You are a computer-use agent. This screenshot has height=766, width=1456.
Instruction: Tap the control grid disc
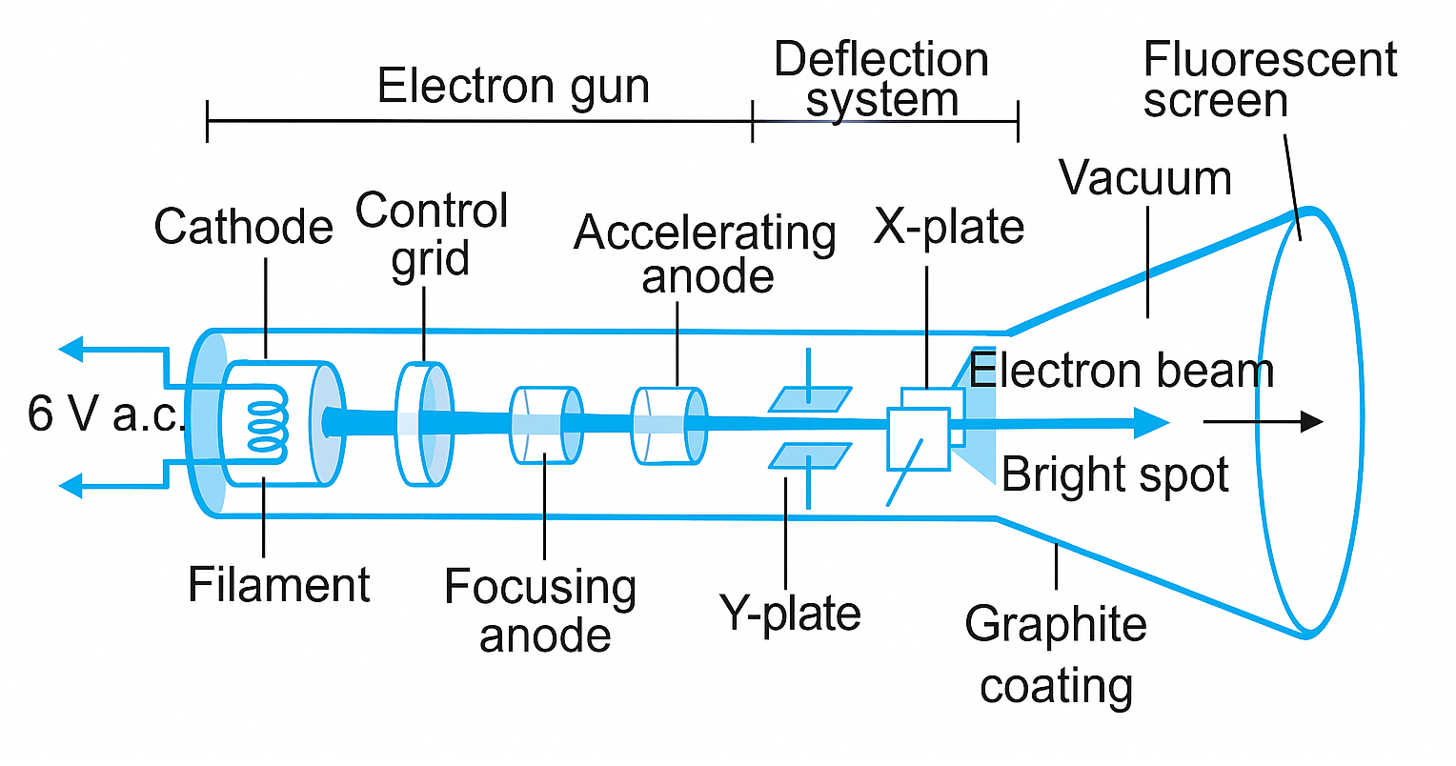coord(423,423)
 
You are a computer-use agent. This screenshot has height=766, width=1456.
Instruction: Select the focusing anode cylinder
coord(545,425)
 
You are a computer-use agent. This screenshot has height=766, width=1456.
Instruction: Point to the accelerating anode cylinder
coord(669,426)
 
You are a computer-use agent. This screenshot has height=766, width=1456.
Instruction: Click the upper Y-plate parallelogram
coord(810,399)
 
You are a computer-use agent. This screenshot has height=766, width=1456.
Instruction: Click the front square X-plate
coord(918,439)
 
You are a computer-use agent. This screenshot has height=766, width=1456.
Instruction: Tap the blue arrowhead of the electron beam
coord(1152,421)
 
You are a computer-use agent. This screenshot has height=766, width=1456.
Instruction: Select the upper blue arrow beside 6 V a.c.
coord(76,349)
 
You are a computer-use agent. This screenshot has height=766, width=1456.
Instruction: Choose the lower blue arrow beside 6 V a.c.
coord(76,487)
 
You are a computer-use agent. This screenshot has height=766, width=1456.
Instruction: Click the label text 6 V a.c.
coord(105,414)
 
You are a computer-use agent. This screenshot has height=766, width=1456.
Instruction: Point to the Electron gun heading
coord(513,87)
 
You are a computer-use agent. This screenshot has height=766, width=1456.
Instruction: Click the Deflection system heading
coord(881,79)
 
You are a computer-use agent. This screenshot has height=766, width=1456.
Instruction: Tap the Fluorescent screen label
coord(1268,80)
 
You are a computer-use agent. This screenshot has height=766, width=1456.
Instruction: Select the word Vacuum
coord(1145,178)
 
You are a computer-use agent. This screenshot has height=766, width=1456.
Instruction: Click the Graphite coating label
coord(1056,655)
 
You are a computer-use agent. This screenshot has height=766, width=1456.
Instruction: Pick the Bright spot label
coord(1115,474)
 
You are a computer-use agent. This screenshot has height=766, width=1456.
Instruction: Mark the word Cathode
coord(244,227)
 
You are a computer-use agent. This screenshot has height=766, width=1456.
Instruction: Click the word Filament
coord(278,584)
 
